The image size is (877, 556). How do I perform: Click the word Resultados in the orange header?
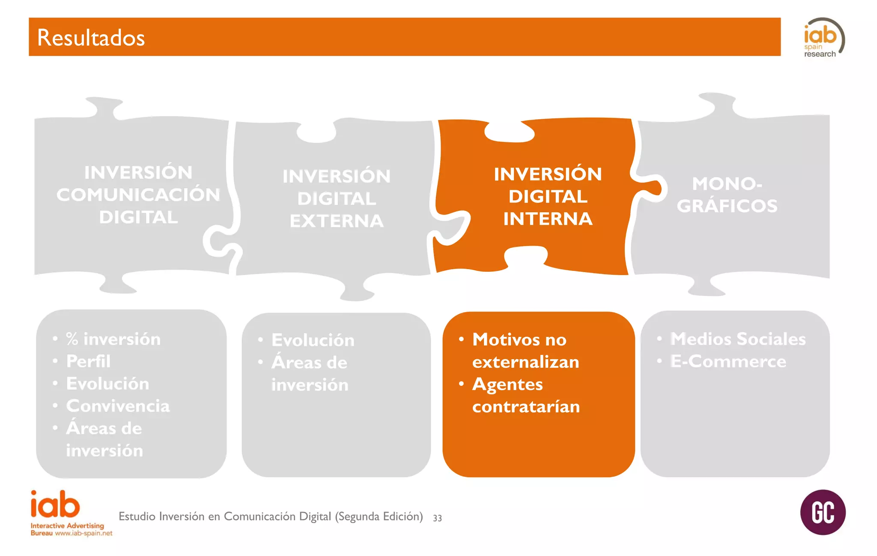click(x=91, y=38)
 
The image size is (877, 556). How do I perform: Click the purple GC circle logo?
click(x=823, y=512)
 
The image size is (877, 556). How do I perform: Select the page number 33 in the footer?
click(x=437, y=518)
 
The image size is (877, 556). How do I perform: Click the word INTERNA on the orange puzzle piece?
click(x=548, y=219)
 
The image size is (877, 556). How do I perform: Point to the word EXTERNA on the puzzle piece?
click(x=337, y=221)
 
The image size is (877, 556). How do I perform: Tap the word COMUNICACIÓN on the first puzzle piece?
click(x=138, y=195)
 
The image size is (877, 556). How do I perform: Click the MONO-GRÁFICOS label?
click(x=727, y=195)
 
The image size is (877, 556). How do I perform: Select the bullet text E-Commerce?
click(x=728, y=361)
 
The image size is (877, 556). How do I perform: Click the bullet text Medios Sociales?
click(x=738, y=339)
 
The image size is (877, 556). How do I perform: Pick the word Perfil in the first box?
click(x=88, y=361)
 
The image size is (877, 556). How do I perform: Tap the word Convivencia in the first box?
click(x=118, y=406)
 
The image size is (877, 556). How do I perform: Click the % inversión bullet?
click(x=113, y=339)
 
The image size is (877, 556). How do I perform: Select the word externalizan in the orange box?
click(x=525, y=362)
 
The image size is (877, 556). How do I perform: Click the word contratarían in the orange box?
click(x=526, y=407)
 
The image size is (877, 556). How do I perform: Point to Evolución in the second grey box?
click(x=313, y=340)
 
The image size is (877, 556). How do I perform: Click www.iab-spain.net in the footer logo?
click(x=84, y=533)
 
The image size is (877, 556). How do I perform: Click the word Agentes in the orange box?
click(x=507, y=385)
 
